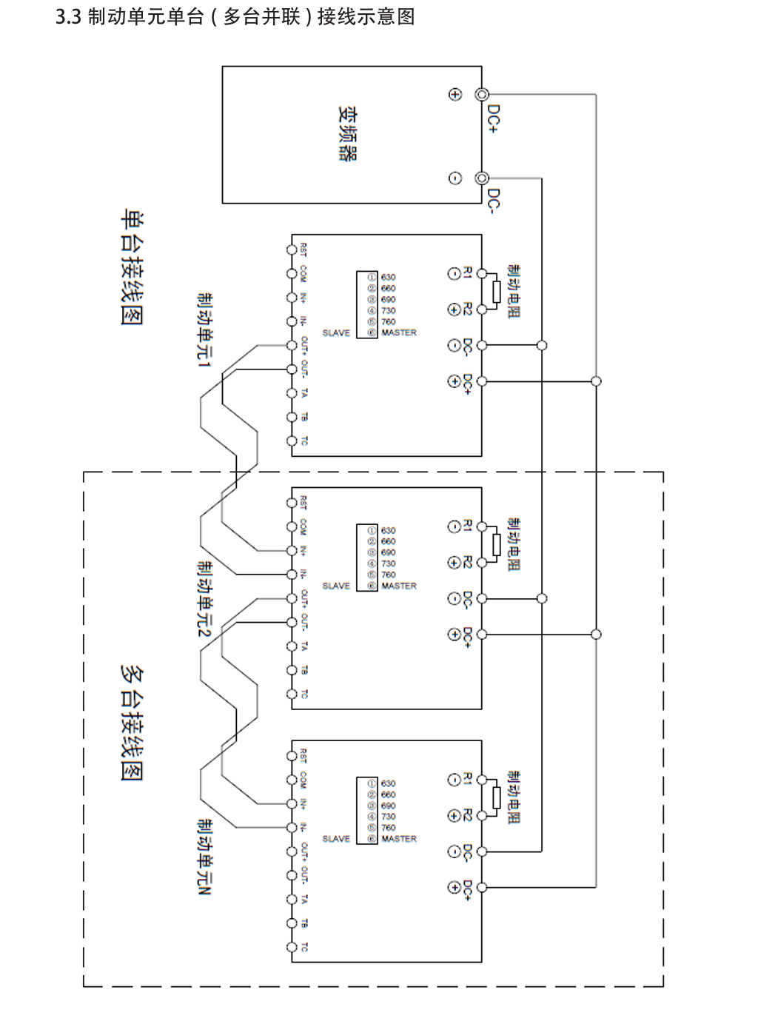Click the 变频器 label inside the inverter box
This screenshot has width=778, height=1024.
(347, 134)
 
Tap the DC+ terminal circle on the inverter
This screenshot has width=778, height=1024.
(482, 95)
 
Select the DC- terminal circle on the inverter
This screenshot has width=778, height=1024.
(482, 178)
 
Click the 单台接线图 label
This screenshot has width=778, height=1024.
(132, 267)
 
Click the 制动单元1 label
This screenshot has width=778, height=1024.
(204, 329)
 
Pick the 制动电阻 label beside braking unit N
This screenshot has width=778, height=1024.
(514, 797)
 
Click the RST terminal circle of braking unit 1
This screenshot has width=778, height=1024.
(292, 250)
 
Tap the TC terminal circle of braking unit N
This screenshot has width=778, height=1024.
(292, 947)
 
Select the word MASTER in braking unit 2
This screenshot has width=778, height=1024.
(399, 586)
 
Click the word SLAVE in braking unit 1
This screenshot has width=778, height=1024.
(336, 333)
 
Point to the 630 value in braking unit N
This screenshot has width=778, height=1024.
(388, 783)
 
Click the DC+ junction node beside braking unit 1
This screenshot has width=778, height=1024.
(596, 381)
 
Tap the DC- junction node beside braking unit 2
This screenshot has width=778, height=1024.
(542, 598)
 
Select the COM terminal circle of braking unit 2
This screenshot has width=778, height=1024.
(292, 526)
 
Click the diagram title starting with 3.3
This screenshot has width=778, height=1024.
(235, 16)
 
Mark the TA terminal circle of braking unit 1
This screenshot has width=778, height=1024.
(292, 393)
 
